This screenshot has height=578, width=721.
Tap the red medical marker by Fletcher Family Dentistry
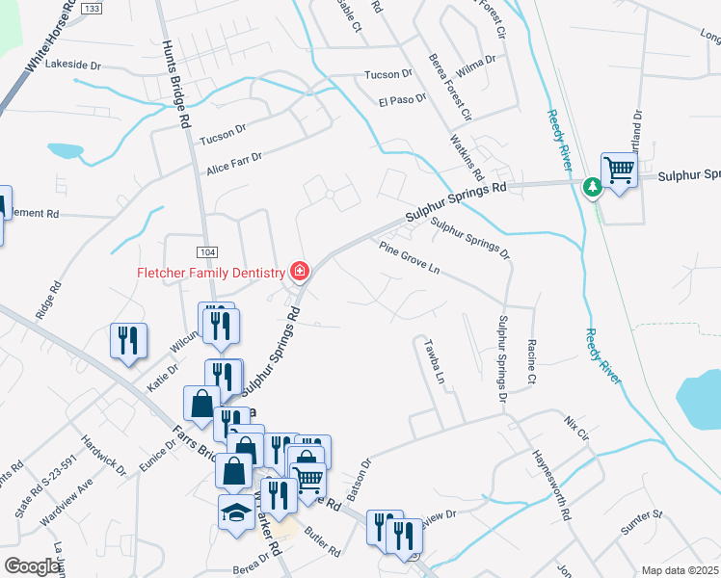click(300, 272)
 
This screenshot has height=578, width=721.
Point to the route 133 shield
click(92, 8)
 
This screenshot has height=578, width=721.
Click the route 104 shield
click(206, 251)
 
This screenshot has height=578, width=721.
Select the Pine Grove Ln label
click(409, 258)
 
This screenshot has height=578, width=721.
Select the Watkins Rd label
click(466, 157)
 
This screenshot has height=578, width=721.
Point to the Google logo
click(33, 566)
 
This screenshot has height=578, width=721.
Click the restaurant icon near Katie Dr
click(128, 340)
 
